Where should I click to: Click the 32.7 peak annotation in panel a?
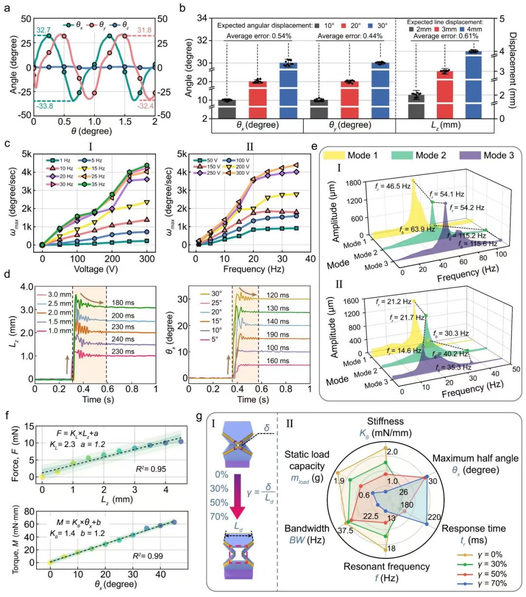[x=43, y=30]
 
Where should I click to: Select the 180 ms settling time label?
[x=123, y=303]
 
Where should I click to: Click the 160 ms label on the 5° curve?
[x=278, y=361]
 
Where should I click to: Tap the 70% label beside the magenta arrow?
[x=219, y=516]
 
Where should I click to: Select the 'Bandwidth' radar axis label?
[x=307, y=528]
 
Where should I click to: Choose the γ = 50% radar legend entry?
[x=488, y=574]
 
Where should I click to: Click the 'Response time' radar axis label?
[x=473, y=528]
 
